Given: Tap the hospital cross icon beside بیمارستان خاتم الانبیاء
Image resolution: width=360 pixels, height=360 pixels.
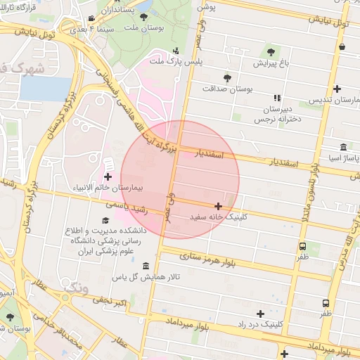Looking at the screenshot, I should pos(108,176).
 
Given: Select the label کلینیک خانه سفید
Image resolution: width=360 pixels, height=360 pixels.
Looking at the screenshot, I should pos(219,217).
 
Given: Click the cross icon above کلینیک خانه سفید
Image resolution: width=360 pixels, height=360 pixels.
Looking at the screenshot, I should pos(219,207).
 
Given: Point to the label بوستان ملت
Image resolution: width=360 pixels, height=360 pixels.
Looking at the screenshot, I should pos(145,27).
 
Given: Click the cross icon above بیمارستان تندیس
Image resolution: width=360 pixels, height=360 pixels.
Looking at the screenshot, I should pos(338,89).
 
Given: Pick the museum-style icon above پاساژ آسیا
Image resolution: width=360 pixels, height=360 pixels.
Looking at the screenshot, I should pos(342,147).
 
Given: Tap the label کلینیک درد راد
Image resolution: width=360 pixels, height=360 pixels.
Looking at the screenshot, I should pos(262,325).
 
